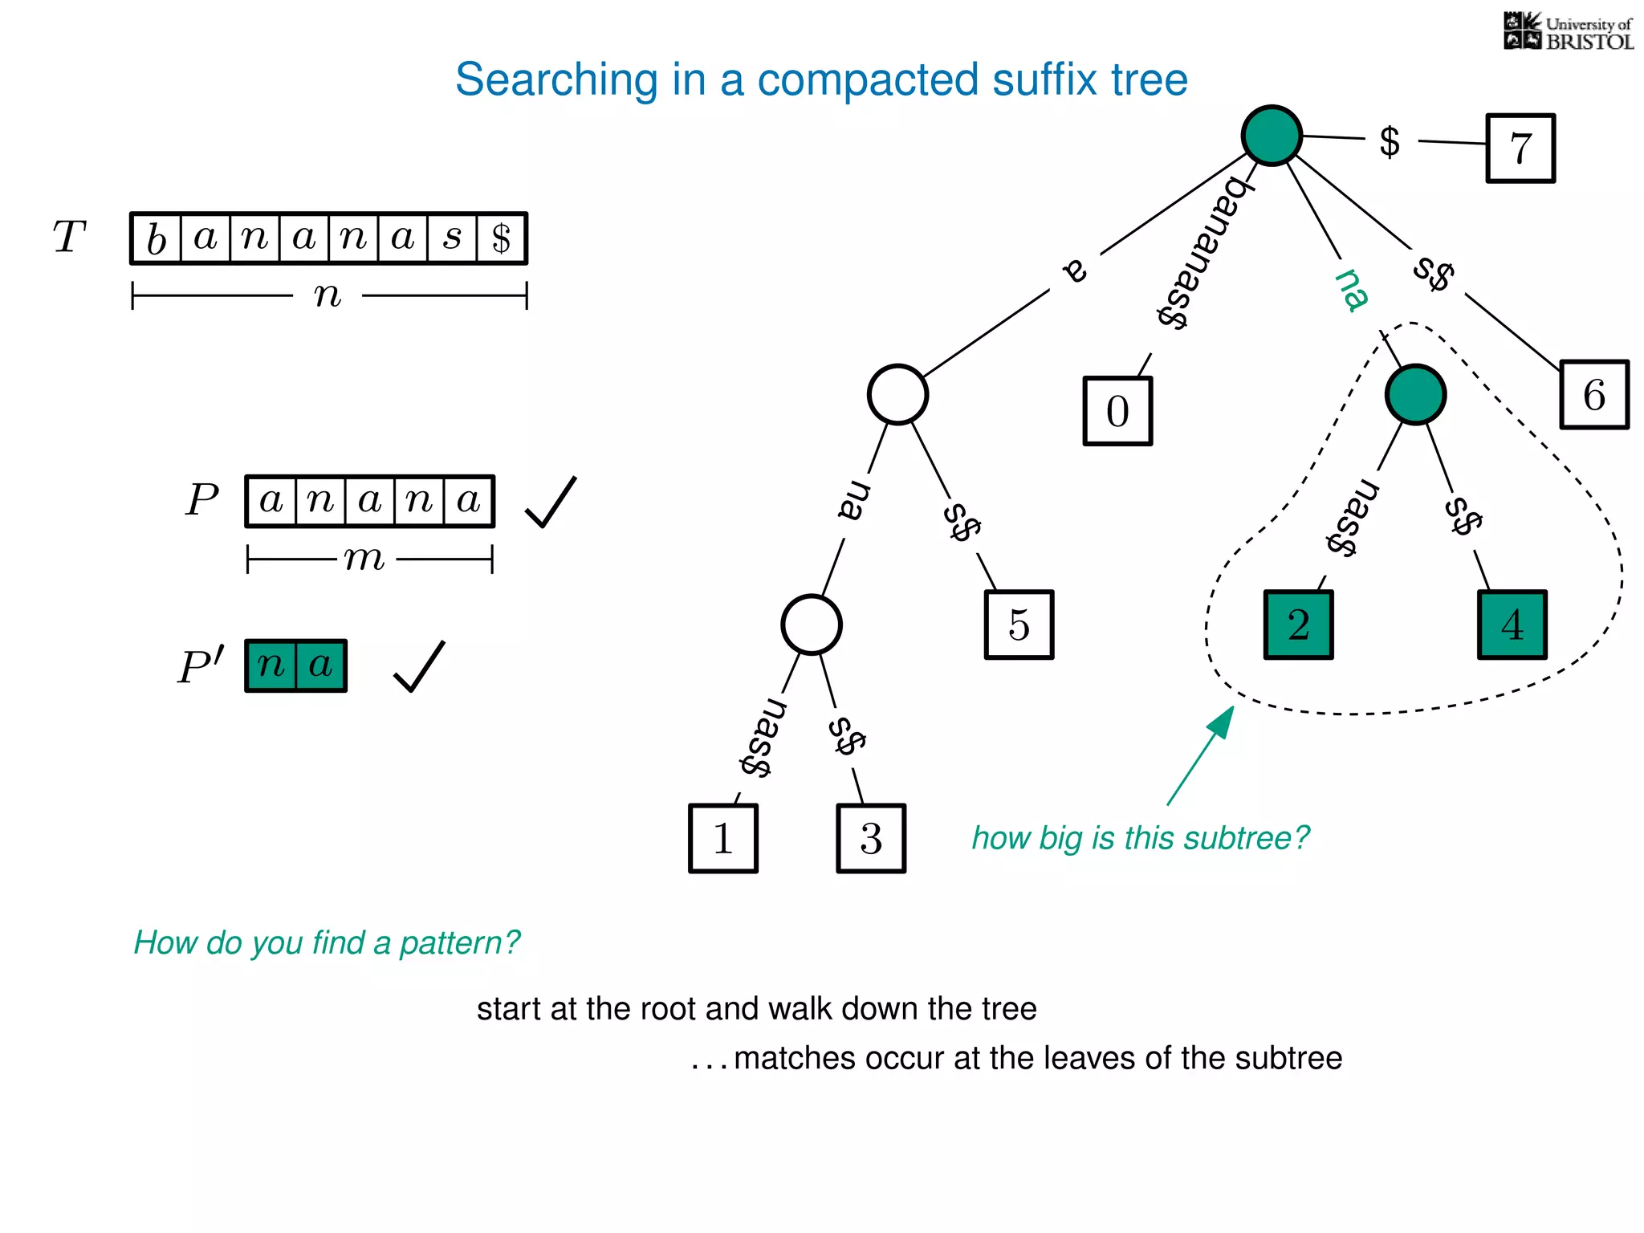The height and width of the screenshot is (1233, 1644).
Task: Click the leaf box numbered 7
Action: (x=1520, y=149)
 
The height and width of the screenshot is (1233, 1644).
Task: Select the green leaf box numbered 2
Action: (x=1298, y=625)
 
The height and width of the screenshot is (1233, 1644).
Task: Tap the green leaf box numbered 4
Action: (x=1512, y=625)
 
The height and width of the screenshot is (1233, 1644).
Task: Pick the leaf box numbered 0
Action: (x=1117, y=411)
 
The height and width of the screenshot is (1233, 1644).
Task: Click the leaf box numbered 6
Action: (x=1593, y=395)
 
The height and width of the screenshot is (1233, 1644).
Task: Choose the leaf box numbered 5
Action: (x=1019, y=625)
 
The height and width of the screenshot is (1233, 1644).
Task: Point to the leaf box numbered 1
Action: (x=722, y=838)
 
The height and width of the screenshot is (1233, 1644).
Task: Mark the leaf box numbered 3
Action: (x=871, y=838)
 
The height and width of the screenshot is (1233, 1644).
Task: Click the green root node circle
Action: (x=1272, y=135)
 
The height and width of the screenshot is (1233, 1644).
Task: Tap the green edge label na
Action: (x=1352, y=289)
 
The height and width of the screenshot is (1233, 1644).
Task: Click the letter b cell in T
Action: (x=157, y=238)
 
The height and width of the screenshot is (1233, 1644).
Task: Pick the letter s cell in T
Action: (x=453, y=238)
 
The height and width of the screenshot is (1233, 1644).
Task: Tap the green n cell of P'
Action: (x=271, y=665)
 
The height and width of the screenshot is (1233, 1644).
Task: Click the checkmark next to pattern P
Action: (x=551, y=503)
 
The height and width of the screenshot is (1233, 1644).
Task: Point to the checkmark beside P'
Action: (x=419, y=666)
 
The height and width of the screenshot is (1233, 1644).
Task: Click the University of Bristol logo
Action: (x=1568, y=32)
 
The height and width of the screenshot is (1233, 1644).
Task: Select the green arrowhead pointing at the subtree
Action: (x=1222, y=721)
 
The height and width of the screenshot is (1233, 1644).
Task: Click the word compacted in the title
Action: (x=868, y=80)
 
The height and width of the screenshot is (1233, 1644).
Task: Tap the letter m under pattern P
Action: (x=364, y=559)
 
